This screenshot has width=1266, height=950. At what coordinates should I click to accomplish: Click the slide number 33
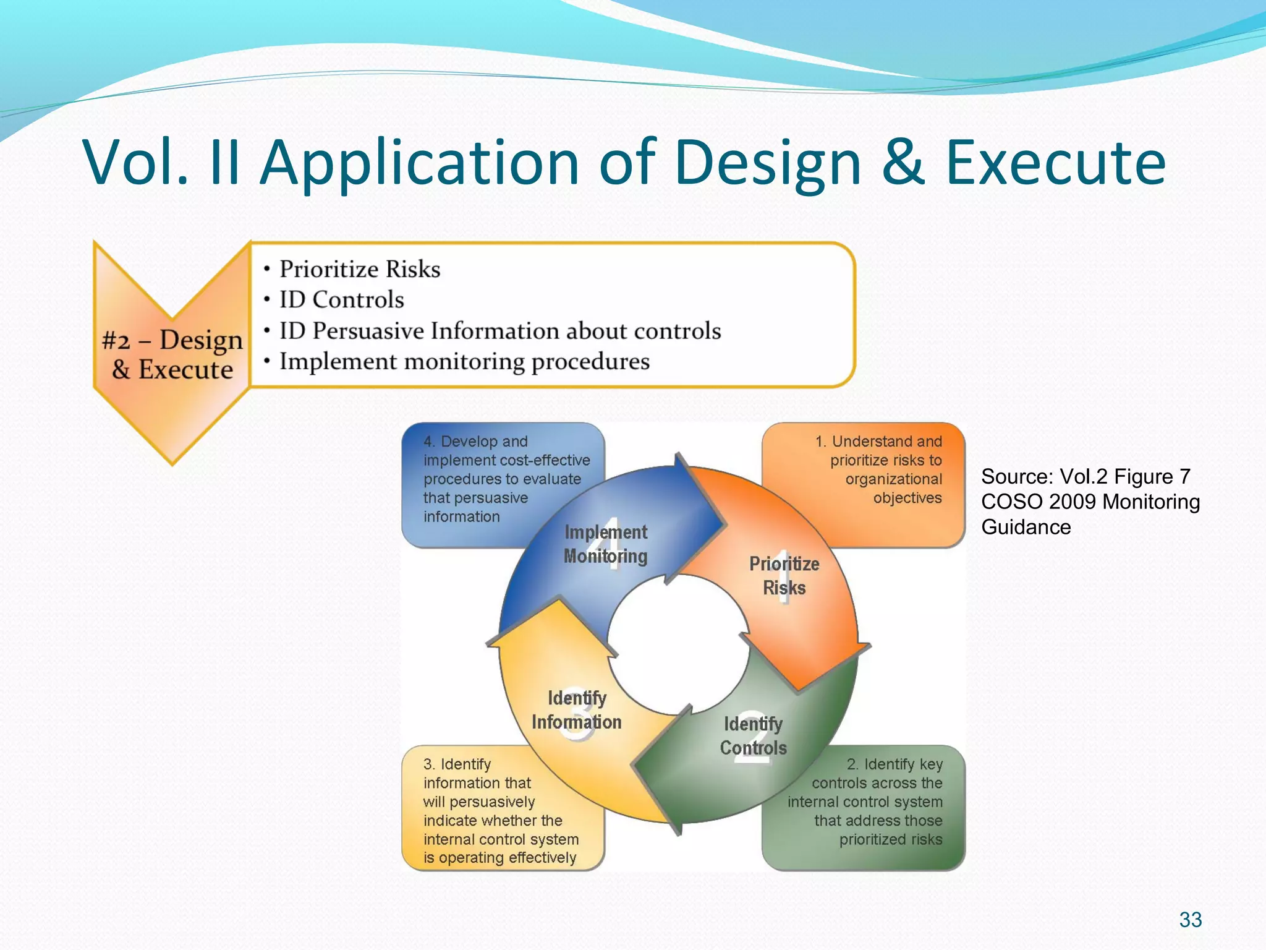point(1190,920)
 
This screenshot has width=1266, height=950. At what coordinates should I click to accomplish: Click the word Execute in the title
point(1055,163)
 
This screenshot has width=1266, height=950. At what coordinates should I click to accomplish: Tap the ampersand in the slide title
point(903,163)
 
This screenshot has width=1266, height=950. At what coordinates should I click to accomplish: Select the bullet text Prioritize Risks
point(360,269)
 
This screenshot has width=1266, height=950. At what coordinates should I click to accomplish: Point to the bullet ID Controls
point(341,300)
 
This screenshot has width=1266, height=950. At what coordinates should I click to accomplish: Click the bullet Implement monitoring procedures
point(464,361)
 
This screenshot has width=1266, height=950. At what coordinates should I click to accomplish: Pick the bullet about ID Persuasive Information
point(499,331)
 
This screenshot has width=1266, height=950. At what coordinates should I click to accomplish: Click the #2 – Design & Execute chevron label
point(172,354)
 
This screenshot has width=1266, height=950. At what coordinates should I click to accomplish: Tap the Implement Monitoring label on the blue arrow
point(605,544)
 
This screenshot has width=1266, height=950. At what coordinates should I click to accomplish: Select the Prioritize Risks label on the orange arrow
point(784,575)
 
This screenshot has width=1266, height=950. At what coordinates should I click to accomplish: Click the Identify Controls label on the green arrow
point(753,735)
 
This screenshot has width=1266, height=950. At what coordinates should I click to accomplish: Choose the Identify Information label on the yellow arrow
point(576,709)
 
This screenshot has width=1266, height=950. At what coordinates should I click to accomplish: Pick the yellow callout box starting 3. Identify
point(488,810)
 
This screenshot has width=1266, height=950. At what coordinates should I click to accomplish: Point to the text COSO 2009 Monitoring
point(1090,502)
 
